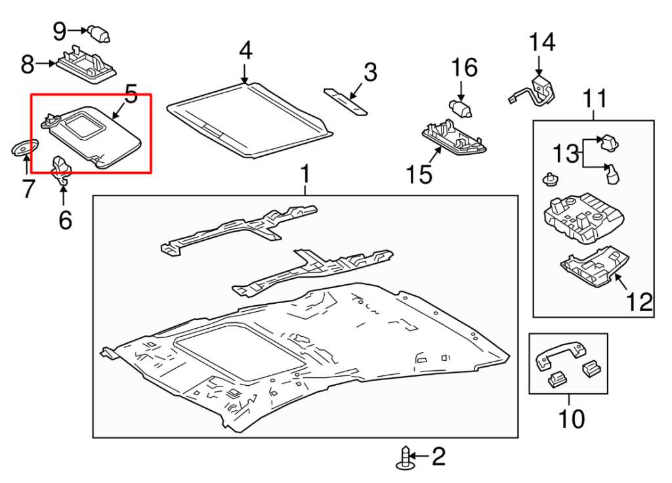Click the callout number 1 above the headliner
tap(304, 175)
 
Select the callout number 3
tap(371, 72)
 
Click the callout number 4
tap(245, 51)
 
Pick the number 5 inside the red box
tap(131, 96)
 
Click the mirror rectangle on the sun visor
tap(85, 123)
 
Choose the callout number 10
tap(570, 418)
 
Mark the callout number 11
tap(595, 100)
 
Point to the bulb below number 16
tap(461, 107)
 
